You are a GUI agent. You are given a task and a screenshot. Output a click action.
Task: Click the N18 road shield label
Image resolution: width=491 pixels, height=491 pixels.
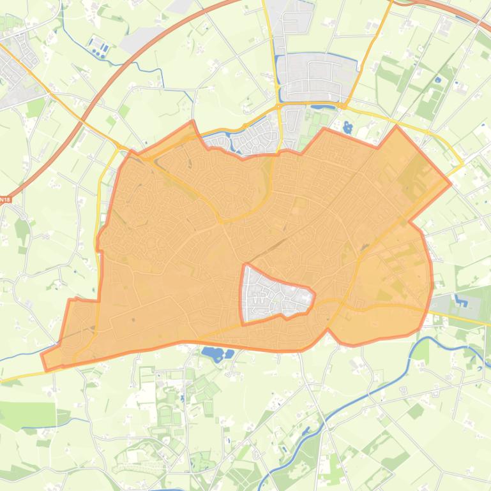5,200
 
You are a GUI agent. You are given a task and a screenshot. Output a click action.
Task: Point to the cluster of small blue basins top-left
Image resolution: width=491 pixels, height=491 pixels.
98,47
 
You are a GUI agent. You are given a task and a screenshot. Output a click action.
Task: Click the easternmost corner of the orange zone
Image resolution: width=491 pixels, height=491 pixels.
451,183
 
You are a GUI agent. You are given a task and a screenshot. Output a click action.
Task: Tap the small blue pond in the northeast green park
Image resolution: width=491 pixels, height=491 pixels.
437,80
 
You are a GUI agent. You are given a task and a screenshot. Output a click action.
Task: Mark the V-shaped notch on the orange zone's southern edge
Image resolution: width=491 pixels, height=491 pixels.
328,330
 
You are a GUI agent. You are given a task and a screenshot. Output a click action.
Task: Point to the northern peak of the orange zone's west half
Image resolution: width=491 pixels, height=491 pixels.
192,122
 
